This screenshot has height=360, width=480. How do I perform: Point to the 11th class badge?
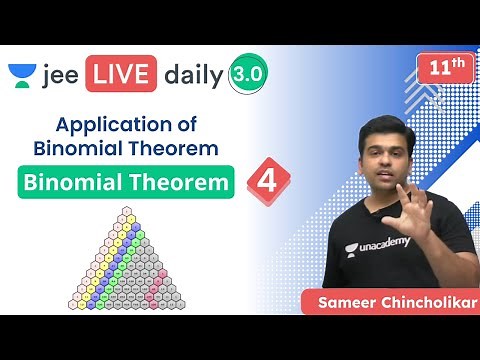[443, 71]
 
